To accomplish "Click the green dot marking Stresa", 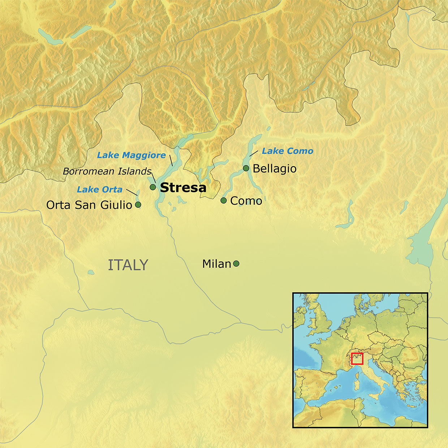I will pos(153,187).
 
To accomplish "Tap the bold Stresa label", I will pos(183,188).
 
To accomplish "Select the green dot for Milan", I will pos(236,264).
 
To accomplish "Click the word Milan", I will pos(216,264).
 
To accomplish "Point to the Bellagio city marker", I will pos(246,168).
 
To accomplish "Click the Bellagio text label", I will pos(275,169).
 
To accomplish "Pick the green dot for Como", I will pos(224,201).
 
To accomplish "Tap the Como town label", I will pos(246,201).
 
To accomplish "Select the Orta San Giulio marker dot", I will pos(138,205).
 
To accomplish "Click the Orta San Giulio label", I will pos(89,205).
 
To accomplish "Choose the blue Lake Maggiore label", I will pos(132,155).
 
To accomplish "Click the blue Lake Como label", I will pos(288,151).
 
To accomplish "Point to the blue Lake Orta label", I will pos(100,189).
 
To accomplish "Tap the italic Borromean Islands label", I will pos(107,171).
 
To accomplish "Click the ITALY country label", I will pos(128,265).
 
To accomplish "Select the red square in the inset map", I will pos(357,358).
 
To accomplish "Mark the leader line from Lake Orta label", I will pos(132,192).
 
